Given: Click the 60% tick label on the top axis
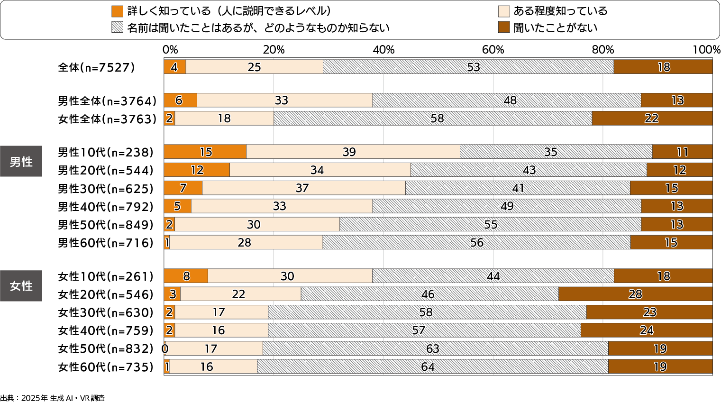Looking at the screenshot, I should click(x=493, y=50).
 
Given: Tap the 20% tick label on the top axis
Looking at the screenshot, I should click(x=274, y=50).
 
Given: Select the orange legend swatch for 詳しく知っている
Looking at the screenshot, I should click(x=117, y=11).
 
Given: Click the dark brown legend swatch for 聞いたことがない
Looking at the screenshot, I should click(x=504, y=27).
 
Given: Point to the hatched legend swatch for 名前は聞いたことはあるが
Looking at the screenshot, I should click(x=117, y=27).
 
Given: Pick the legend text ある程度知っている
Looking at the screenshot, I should click(x=560, y=11).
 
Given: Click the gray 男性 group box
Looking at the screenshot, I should click(x=21, y=162).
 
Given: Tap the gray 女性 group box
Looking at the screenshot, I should click(x=21, y=286).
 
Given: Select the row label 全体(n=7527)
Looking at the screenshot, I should click(x=96, y=67).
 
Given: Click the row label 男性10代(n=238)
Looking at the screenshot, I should click(x=106, y=152).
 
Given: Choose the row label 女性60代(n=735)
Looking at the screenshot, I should click(x=106, y=367).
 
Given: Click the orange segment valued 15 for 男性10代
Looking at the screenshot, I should click(x=205, y=152).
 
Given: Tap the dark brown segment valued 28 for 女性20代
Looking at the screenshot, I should click(x=635, y=294).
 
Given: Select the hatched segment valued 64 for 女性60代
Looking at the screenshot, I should click(x=432, y=366).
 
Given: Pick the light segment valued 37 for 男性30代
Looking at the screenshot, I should click(x=303, y=188).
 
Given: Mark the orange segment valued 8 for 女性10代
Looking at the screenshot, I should click(x=186, y=276).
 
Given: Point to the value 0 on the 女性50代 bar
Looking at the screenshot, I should click(x=165, y=349).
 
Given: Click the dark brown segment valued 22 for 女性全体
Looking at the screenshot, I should click(x=652, y=119).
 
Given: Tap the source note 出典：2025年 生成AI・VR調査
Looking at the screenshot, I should click(x=52, y=398).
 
